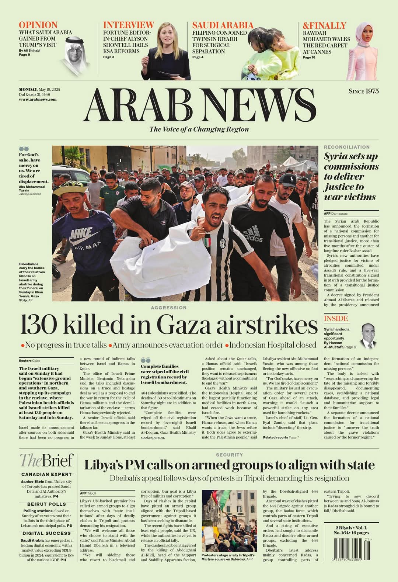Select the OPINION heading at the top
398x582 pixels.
pos(38,25)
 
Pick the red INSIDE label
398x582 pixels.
pos(336,318)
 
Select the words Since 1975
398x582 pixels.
pos(363,91)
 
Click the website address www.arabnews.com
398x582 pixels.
pos(38,99)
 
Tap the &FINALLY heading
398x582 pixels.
pos(324,25)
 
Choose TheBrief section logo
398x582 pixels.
pos(46,461)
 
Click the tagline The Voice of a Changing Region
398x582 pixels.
pos(199,129)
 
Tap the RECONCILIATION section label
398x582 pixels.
pos(347,147)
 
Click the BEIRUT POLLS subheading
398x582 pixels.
pos(46,504)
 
